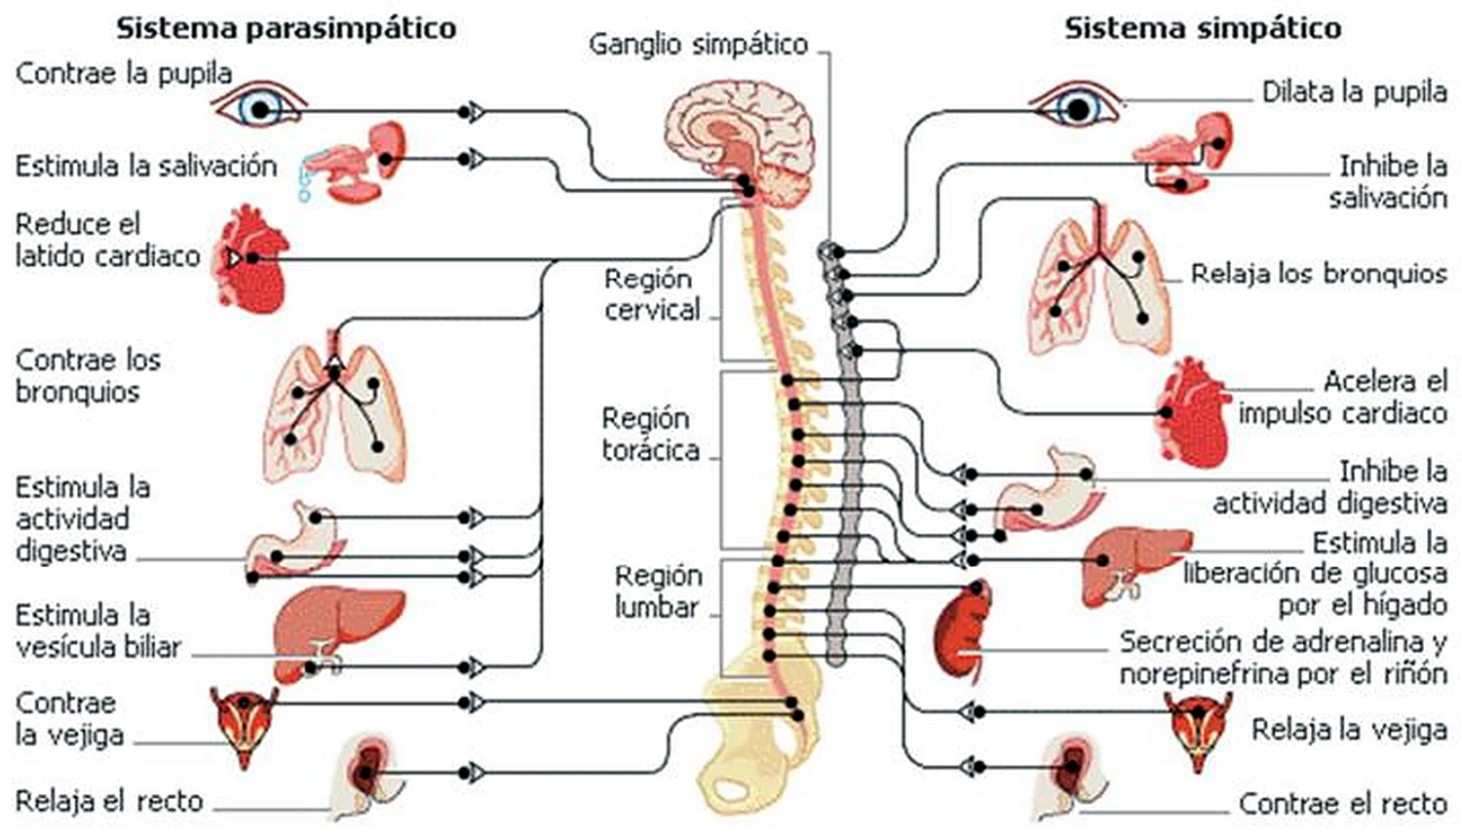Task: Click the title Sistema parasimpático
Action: [286, 29]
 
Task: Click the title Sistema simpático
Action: [1203, 29]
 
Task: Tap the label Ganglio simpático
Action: [699, 45]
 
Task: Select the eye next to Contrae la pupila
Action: [260, 104]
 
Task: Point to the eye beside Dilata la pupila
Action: [1076, 104]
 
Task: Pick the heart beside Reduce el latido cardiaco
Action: [252, 259]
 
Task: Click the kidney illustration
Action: [963, 629]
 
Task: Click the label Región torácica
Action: [651, 435]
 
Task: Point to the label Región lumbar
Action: [658, 592]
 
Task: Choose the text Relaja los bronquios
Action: [1319, 274]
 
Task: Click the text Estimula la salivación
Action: [146, 166]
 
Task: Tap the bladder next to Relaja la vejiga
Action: [1198, 732]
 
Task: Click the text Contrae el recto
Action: [1343, 804]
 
